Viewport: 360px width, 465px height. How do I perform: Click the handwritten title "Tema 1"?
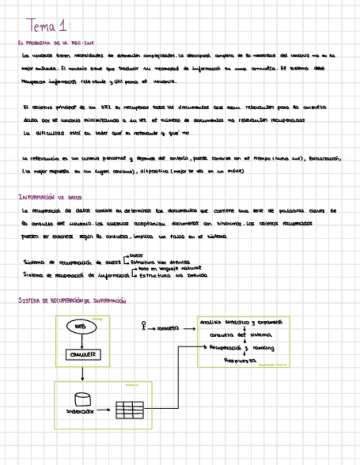pyautogui.click(x=49, y=25)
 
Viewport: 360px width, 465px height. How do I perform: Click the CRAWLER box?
pyautogui.click(x=82, y=355)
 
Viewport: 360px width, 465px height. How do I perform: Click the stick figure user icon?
pyautogui.click(x=144, y=325)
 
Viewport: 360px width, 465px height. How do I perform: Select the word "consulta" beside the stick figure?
pyautogui.click(x=168, y=329)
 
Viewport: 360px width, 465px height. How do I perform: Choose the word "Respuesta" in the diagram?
pyautogui.click(x=240, y=361)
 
